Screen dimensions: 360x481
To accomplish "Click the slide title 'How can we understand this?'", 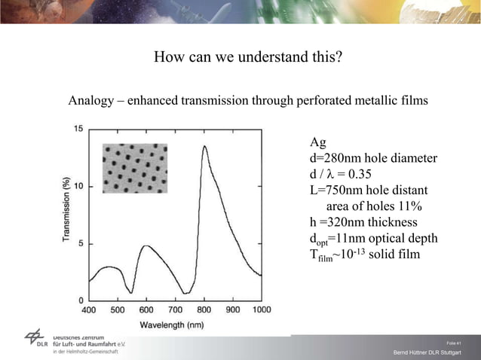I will pyautogui.click(x=248, y=57).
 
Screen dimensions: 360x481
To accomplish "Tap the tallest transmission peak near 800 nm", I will pyautogui.click(x=204, y=147).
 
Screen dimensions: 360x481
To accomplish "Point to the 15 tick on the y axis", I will pyautogui.click(x=78, y=129).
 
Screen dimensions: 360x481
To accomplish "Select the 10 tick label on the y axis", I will pyautogui.click(x=78, y=186).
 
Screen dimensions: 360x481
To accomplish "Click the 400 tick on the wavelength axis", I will pyautogui.click(x=88, y=310).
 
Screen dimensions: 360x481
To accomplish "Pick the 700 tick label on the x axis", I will pyautogui.click(x=175, y=310).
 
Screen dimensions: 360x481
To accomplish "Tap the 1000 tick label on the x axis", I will pyautogui.click(x=261, y=310).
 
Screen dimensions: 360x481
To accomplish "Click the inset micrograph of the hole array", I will pyautogui.click(x=136, y=169).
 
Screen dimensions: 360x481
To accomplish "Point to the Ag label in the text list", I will pyautogui.click(x=318, y=142).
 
